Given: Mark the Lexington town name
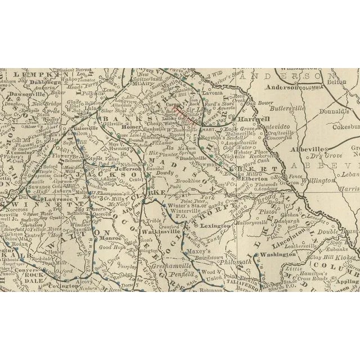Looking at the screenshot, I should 215,226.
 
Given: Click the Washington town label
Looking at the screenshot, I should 276,254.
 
